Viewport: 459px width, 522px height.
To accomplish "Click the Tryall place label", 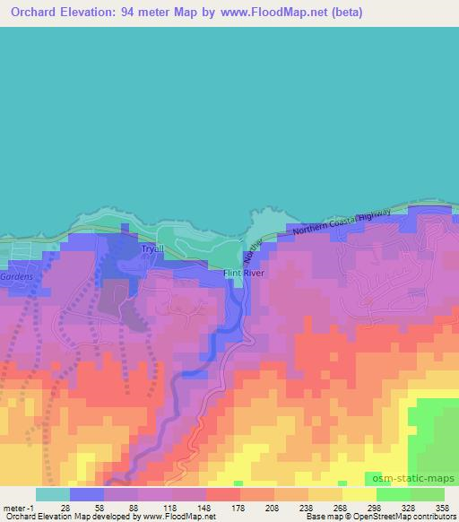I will click(x=150, y=248).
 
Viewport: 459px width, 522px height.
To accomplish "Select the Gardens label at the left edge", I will click(x=17, y=277).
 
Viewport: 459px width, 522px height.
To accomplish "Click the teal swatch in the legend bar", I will click(x=53, y=494).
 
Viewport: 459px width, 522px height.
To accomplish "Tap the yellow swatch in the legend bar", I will click(x=360, y=494).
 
